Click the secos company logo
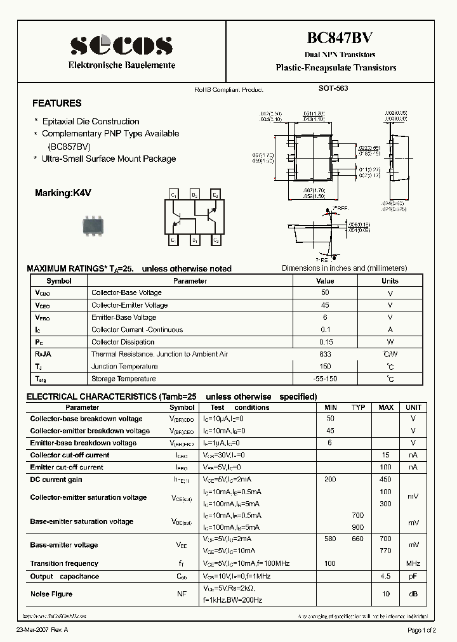(121, 45)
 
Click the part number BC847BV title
(336, 38)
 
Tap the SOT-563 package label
(333, 89)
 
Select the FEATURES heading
(57, 103)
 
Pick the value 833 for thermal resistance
(325, 354)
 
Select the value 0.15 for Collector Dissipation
(325, 342)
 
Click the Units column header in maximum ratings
(390, 280)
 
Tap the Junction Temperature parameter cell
(124, 366)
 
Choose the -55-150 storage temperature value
(325, 379)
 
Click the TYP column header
(358, 407)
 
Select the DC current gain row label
(56, 480)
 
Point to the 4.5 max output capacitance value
(385, 577)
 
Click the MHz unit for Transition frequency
(413, 563)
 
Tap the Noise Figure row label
(51, 594)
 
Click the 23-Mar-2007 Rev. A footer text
(42, 630)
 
